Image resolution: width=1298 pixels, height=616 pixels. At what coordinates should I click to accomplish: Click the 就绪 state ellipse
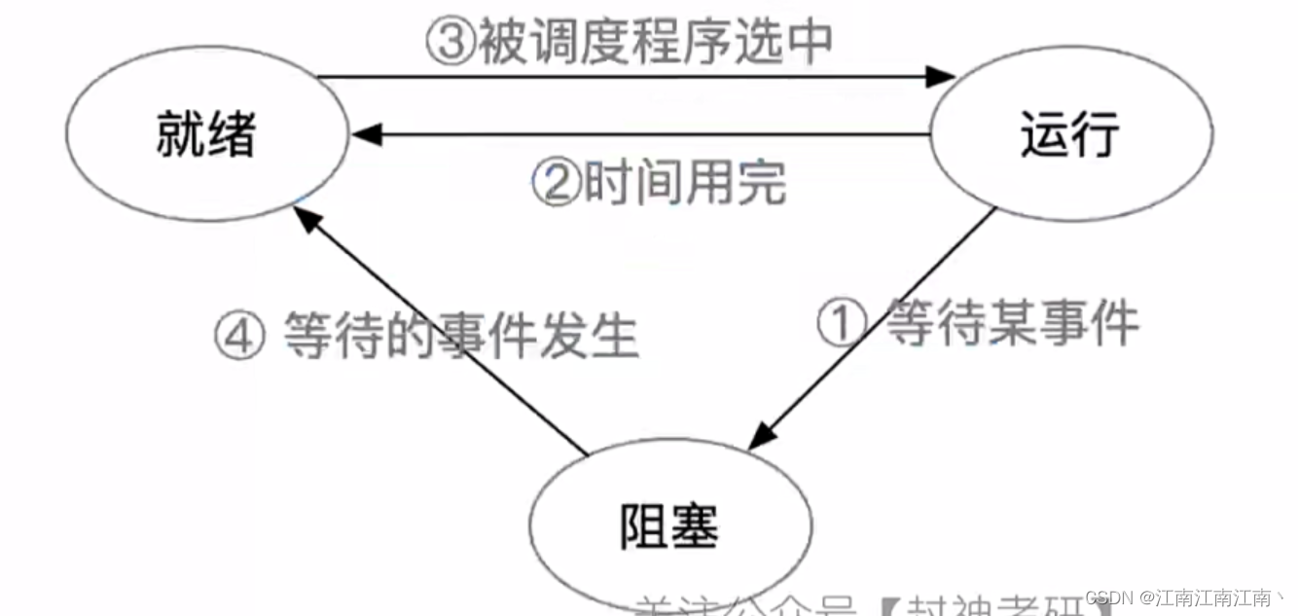(206, 134)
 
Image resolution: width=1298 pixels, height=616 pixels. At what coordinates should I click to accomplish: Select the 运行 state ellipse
(1071, 134)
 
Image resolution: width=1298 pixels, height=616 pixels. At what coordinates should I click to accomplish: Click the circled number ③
(450, 43)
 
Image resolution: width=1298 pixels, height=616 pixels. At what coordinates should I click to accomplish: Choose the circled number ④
(239, 336)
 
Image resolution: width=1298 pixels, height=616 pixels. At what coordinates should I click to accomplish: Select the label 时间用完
(683, 182)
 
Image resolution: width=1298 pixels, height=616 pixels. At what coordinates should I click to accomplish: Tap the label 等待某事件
(1012, 323)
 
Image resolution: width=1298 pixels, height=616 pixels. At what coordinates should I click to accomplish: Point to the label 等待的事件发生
(461, 336)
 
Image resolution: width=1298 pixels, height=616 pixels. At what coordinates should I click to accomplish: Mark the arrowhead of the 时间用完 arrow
(366, 135)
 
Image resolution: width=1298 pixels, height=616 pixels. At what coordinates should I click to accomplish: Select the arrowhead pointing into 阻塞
(762, 437)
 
